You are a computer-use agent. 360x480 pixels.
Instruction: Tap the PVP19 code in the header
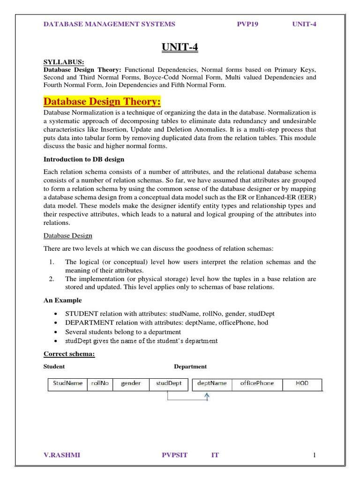click(248, 24)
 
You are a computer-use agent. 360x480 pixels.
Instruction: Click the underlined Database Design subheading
click(67, 235)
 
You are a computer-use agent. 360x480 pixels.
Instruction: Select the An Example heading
click(62, 300)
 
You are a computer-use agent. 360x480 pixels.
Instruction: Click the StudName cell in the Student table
click(68, 383)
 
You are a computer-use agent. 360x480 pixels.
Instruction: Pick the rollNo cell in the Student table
click(100, 383)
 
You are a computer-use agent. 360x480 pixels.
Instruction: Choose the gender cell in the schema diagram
click(131, 383)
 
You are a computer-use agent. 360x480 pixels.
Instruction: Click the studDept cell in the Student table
click(169, 383)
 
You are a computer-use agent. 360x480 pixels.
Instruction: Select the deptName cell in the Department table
click(212, 383)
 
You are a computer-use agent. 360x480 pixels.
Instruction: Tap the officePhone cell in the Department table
click(257, 383)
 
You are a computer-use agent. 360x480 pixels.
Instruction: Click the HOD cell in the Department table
click(302, 383)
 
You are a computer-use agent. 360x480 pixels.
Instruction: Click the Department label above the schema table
click(190, 367)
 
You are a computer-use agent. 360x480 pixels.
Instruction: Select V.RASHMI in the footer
click(61, 455)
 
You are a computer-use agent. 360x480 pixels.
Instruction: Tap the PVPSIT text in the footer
click(174, 455)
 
